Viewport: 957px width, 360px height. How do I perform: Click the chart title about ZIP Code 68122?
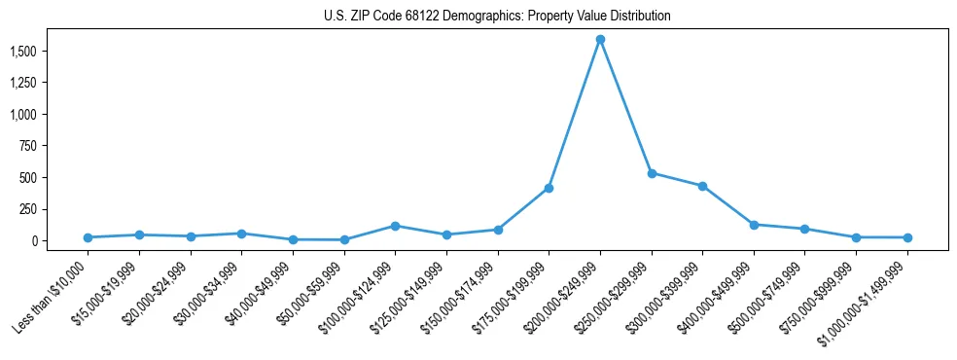[497, 17]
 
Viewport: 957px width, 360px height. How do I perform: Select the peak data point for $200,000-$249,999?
[600, 40]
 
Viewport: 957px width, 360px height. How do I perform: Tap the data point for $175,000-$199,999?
[549, 188]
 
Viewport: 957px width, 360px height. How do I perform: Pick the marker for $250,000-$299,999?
[652, 173]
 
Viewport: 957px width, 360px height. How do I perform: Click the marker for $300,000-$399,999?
[702, 186]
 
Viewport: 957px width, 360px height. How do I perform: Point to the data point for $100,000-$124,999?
[395, 226]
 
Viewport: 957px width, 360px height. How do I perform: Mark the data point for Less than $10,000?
[88, 237]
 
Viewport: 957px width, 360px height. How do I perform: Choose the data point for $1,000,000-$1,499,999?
[907, 237]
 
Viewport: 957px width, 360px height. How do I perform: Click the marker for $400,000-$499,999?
[754, 225]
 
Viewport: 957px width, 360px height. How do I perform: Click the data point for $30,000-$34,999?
[241, 234]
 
